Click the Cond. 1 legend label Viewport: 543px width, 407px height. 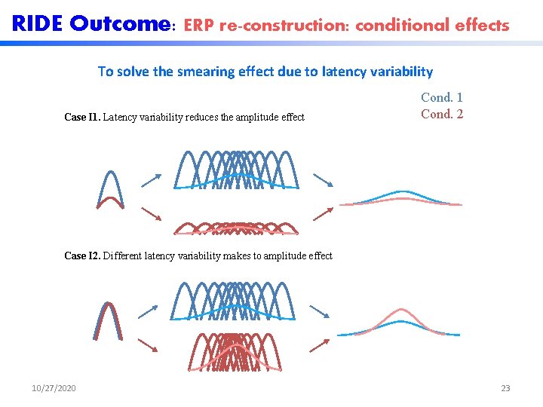pos(442,97)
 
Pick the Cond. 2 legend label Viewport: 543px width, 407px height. pos(442,115)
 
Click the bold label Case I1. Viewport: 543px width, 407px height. pos(82,117)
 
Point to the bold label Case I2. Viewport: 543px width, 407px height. pos(82,256)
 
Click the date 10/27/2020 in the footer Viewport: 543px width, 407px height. pos(54,388)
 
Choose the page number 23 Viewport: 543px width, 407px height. pos(505,388)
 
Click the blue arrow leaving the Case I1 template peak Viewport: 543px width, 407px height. pos(151,180)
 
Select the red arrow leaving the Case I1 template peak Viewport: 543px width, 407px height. pos(151,214)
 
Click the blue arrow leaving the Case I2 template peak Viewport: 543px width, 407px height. pos(151,311)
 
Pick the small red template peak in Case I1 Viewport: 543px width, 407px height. pos(110,201)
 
